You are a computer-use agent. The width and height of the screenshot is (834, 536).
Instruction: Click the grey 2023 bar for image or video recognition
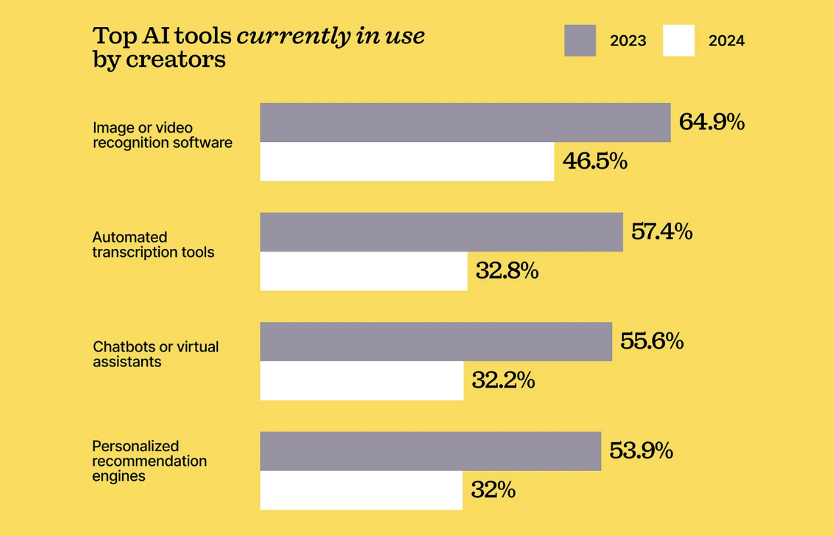(465, 123)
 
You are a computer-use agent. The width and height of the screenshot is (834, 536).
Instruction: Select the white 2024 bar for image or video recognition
(407, 162)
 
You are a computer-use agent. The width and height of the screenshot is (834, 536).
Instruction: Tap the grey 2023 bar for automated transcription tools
(441, 232)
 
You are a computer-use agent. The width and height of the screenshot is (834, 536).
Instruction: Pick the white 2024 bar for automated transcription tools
(364, 271)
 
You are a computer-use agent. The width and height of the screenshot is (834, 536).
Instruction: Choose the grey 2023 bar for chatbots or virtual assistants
(436, 342)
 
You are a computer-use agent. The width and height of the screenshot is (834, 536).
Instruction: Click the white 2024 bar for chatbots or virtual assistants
(362, 380)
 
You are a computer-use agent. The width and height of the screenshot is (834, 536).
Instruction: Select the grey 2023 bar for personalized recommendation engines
(430, 451)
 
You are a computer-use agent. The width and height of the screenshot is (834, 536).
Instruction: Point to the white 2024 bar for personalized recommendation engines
(361, 490)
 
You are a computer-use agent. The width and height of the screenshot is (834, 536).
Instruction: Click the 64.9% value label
(712, 122)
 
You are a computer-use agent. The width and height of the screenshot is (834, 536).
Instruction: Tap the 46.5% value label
(595, 161)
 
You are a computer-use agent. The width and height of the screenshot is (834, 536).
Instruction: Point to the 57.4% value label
(662, 232)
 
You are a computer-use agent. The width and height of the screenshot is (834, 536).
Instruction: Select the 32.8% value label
(507, 271)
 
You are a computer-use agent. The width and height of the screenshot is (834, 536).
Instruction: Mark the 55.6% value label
(652, 342)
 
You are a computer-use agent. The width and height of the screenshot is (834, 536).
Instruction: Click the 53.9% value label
(641, 451)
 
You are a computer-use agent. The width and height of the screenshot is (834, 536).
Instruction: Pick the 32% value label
(493, 490)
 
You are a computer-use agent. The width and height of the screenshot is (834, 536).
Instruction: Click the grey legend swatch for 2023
(580, 41)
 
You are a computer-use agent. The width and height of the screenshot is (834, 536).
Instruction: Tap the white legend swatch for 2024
(678, 41)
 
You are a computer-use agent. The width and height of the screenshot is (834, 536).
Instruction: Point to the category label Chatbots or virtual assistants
(156, 354)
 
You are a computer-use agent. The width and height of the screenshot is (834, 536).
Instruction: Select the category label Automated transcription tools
(153, 244)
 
